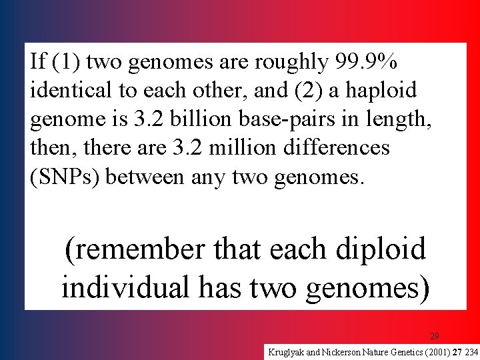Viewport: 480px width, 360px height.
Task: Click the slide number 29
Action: [434, 336]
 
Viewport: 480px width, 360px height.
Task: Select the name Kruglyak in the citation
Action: [287, 351]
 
